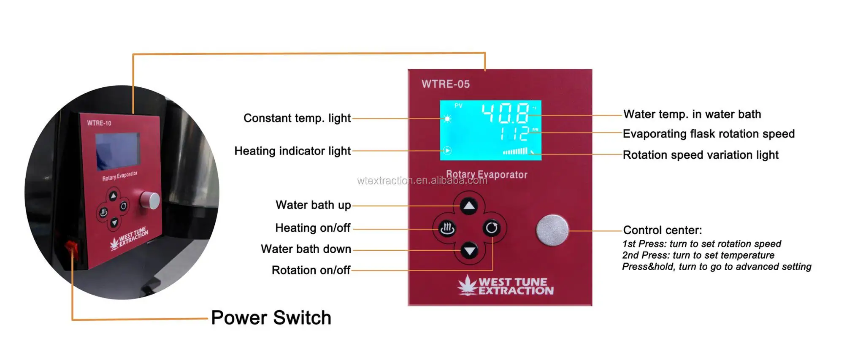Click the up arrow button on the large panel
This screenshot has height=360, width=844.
click(x=469, y=206)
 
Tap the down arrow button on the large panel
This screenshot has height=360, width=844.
click(x=469, y=251)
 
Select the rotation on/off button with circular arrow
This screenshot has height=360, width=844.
click(x=492, y=228)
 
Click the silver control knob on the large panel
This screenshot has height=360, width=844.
click(x=552, y=230)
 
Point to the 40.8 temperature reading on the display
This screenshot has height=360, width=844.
click(x=505, y=113)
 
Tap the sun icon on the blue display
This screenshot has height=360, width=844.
click(x=447, y=119)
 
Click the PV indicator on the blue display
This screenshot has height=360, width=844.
click(x=458, y=106)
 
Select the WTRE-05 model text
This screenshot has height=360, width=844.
click(x=446, y=84)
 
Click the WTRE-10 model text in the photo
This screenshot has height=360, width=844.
click(x=99, y=123)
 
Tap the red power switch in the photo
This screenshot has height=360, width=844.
click(x=71, y=247)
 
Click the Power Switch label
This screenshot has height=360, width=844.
click(x=271, y=318)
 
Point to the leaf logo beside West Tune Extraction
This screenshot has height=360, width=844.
click(x=467, y=285)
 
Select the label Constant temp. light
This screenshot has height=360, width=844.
click(x=297, y=118)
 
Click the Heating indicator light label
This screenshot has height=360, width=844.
click(x=292, y=151)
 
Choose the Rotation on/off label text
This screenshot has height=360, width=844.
click(x=311, y=270)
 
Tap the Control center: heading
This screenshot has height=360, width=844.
click(x=663, y=230)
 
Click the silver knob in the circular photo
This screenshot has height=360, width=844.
click(x=150, y=200)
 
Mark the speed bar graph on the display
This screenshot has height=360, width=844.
click(x=515, y=151)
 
